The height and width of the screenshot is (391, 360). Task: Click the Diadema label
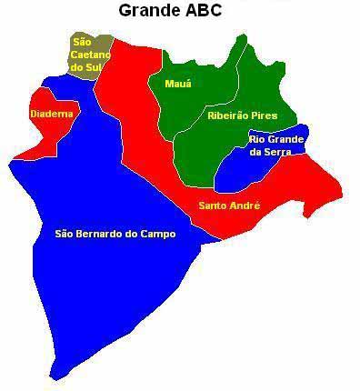click(51, 114)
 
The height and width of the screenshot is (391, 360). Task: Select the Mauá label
click(178, 84)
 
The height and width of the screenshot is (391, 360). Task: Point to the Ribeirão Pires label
click(241, 117)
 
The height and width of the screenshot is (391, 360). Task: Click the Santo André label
click(229, 206)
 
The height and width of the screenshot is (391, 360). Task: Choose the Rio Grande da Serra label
click(277, 145)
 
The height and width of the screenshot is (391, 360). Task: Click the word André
click(245, 206)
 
